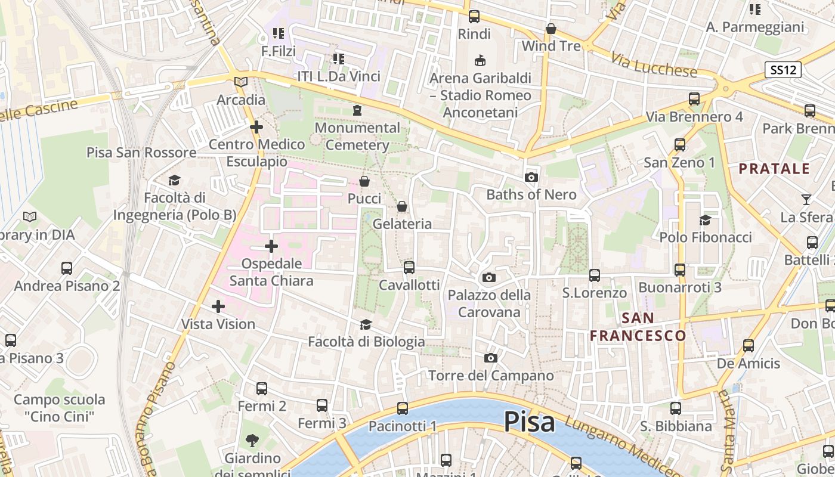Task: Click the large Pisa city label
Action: click(530, 422)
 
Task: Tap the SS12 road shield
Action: click(783, 70)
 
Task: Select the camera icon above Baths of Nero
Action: click(531, 177)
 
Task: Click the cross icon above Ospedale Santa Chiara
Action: click(271, 246)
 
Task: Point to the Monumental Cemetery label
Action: click(357, 136)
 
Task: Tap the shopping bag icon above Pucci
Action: click(364, 181)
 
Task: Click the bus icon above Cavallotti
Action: click(409, 268)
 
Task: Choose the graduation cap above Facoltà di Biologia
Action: click(366, 324)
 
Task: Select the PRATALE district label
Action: click(774, 169)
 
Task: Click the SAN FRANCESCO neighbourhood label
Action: click(638, 327)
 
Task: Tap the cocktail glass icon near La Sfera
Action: click(806, 200)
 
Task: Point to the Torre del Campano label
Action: click(491, 376)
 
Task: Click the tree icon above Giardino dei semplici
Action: click(252, 441)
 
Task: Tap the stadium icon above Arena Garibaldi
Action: click(480, 60)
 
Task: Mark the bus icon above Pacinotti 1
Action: click(403, 408)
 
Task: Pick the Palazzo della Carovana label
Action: click(489, 303)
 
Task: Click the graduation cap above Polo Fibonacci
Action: click(705, 220)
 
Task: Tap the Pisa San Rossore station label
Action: click(141, 153)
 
